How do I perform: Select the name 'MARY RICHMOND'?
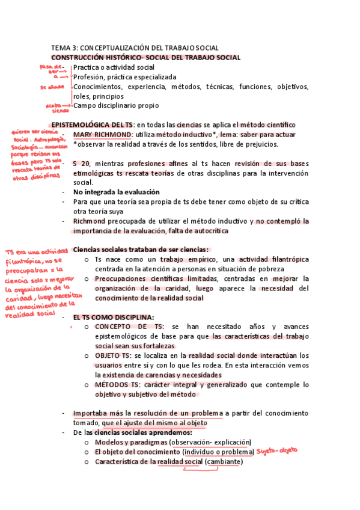(101, 135)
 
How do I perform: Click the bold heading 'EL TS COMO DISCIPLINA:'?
(113, 317)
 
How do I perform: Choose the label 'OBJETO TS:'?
(112, 355)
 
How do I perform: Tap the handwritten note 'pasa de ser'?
(52, 69)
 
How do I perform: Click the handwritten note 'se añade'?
(51, 87)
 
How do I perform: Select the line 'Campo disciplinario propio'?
(116, 106)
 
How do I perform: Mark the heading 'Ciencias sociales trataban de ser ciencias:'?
(141, 250)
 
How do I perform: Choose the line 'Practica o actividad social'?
(114, 67)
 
